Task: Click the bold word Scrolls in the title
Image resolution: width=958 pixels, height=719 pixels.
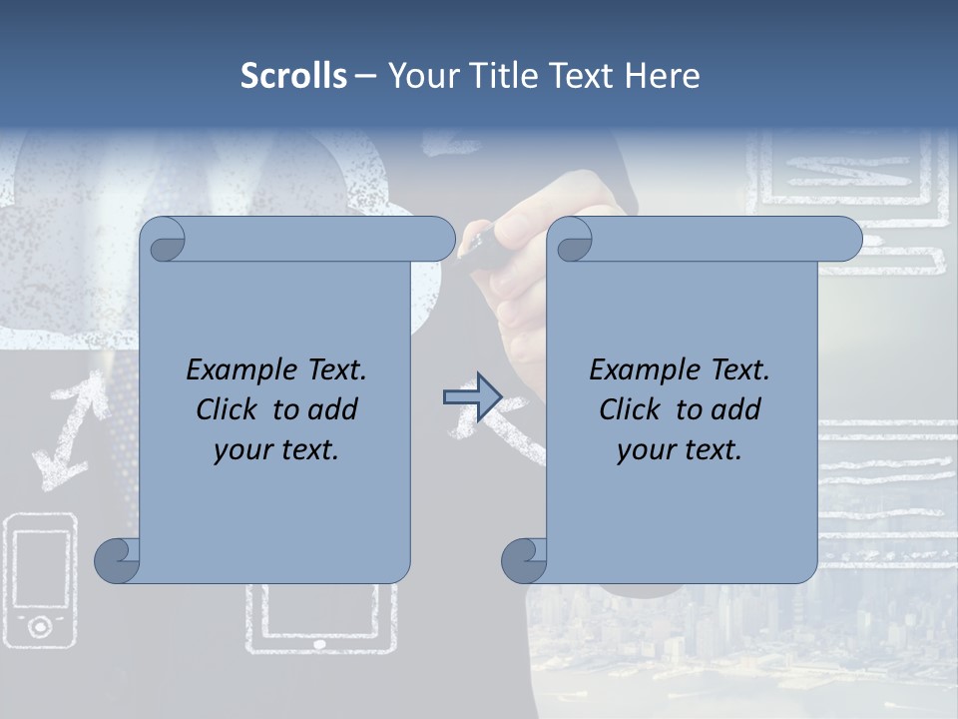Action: click(293, 75)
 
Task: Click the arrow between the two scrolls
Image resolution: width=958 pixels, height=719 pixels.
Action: click(472, 397)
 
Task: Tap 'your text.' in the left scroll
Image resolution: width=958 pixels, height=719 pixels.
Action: click(276, 449)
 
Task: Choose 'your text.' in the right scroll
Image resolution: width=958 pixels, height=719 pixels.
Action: click(680, 449)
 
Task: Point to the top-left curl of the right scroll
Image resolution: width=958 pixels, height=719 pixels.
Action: click(573, 241)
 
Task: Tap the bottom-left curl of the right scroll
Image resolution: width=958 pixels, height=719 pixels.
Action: click(525, 561)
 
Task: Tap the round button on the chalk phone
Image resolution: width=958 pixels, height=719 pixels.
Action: click(40, 626)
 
